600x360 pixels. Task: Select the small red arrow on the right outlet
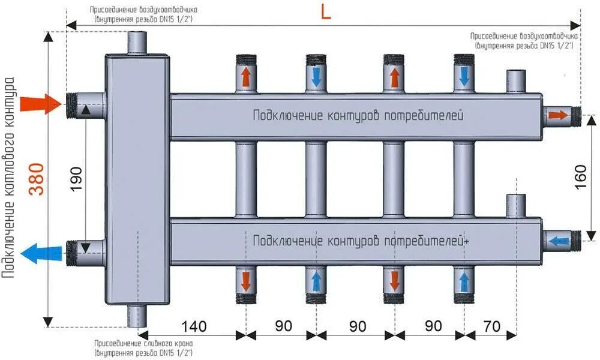pyautogui.click(x=557, y=115)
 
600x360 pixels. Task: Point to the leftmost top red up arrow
pyautogui.click(x=245, y=77)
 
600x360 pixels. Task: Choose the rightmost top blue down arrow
pyautogui.click(x=464, y=76)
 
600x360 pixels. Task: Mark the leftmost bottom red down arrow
pyautogui.click(x=245, y=280)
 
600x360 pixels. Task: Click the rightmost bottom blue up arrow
pyautogui.click(x=464, y=280)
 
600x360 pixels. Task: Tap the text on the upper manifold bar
pyautogui.click(x=358, y=115)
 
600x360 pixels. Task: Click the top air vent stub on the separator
pyautogui.click(x=137, y=43)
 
